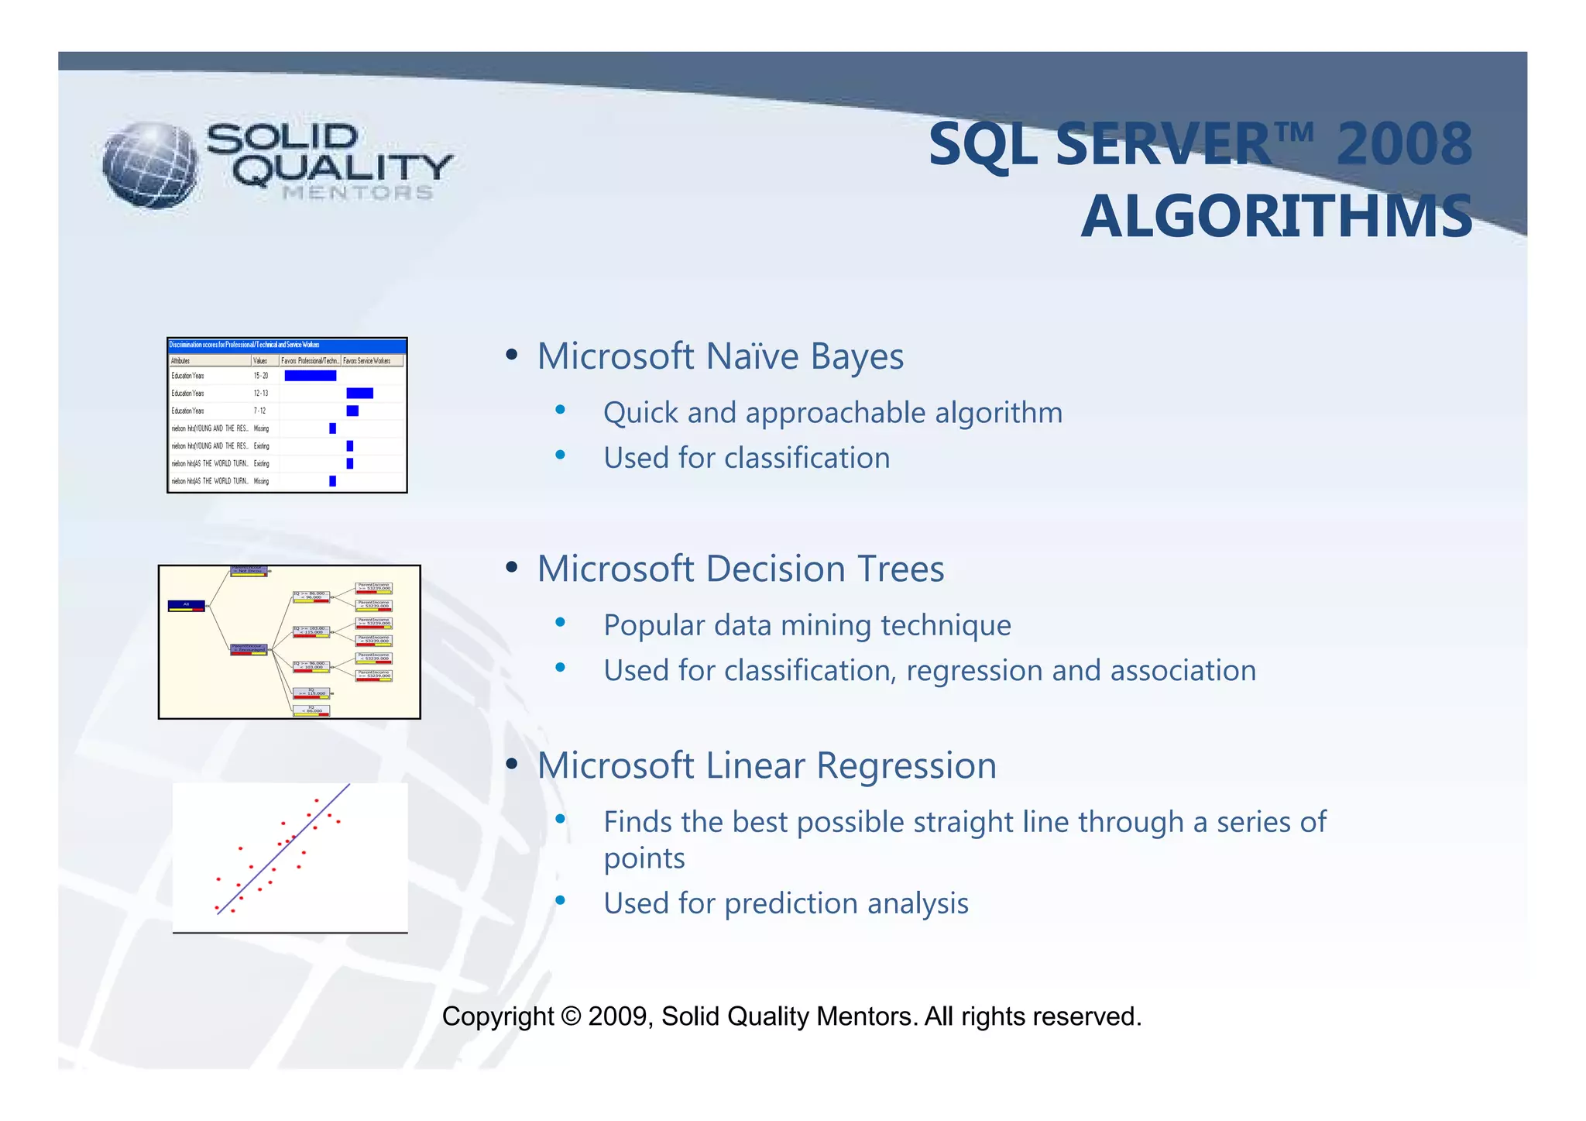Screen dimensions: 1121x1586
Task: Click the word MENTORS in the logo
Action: [358, 193]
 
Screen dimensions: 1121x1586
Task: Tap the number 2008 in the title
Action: [1403, 145]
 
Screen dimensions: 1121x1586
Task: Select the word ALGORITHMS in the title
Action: [1276, 217]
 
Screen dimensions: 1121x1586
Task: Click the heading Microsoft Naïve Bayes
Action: [720, 357]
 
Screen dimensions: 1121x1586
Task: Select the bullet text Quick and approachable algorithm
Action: [832, 413]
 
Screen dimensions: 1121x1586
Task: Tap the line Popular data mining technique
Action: [807, 625]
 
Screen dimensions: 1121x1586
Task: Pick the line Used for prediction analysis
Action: [785, 904]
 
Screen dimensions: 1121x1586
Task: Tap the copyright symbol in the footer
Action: [571, 1017]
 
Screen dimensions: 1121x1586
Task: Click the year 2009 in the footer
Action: [618, 1017]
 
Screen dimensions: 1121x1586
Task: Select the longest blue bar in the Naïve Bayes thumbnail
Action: [310, 376]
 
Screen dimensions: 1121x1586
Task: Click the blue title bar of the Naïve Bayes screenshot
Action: [287, 345]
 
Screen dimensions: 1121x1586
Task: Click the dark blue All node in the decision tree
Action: [187, 604]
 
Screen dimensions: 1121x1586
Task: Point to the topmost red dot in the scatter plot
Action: [316, 800]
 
